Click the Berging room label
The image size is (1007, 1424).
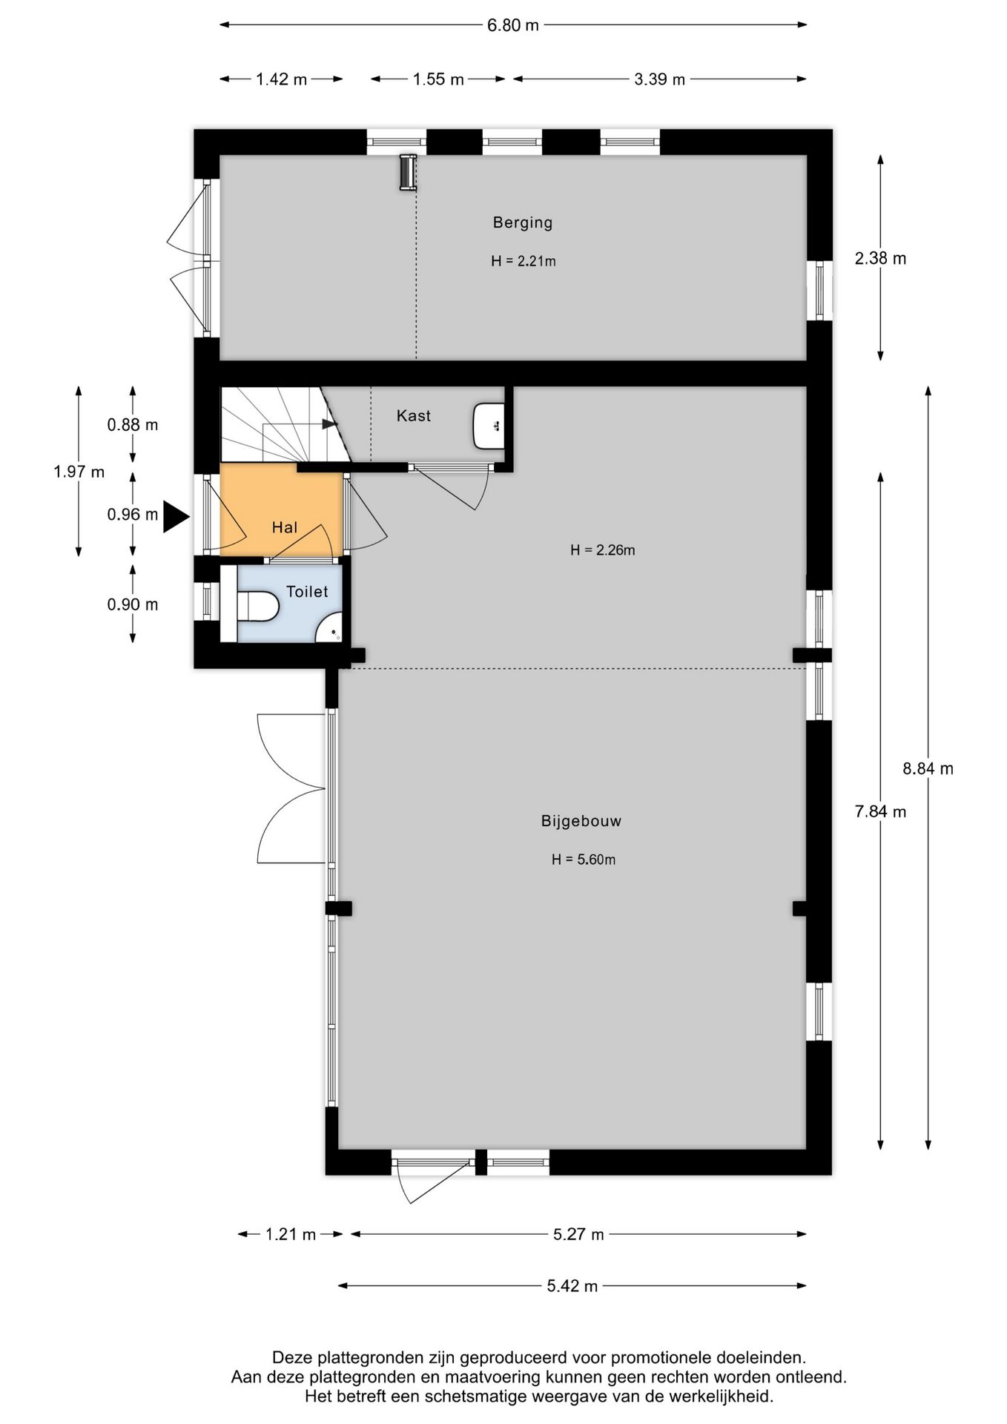(523, 222)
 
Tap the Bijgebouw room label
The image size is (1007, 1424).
(581, 821)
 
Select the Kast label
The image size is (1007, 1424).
(413, 416)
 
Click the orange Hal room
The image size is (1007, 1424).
(282, 510)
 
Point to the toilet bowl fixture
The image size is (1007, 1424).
(257, 604)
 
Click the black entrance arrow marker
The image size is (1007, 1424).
(176, 516)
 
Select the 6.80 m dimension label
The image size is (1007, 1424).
(513, 25)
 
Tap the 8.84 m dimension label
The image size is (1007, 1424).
(928, 768)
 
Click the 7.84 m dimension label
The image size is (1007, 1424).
(880, 811)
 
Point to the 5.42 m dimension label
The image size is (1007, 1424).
(572, 1286)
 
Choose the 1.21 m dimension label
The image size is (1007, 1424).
(291, 1234)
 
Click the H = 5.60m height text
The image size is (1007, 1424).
(584, 860)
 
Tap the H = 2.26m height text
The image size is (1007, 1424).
(603, 550)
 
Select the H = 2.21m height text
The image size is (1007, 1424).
(524, 261)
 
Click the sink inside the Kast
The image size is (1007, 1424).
(489, 426)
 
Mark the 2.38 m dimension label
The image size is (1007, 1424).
(880, 258)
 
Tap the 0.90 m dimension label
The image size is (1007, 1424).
(133, 604)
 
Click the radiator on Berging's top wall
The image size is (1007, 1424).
(407, 172)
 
